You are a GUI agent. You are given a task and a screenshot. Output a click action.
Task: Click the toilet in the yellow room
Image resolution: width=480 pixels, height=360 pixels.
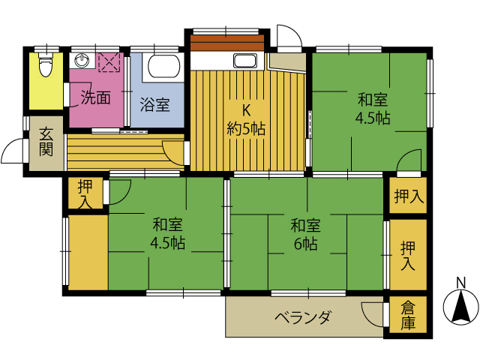[46, 64]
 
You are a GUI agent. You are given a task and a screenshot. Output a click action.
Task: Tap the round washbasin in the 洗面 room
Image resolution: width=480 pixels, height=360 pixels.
[82, 61]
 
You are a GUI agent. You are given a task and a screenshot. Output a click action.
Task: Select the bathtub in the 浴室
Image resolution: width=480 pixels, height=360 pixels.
[163, 67]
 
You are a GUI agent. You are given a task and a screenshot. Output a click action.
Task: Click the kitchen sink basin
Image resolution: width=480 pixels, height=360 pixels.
[245, 61]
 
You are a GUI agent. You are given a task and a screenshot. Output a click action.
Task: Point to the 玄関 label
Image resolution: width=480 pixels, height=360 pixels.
[46, 142]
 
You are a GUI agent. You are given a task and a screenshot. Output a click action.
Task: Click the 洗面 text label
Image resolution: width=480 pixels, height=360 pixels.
[95, 97]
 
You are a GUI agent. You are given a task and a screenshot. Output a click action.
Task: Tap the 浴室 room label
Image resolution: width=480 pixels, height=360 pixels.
[155, 104]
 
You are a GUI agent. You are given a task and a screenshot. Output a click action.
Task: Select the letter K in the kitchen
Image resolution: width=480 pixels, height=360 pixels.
[247, 110]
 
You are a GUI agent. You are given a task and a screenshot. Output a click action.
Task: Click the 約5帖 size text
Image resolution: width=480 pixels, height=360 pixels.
[246, 129]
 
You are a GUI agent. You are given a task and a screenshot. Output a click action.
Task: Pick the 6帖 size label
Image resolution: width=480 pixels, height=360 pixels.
[305, 244]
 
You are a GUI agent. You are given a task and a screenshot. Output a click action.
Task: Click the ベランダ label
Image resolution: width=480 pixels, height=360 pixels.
[302, 317]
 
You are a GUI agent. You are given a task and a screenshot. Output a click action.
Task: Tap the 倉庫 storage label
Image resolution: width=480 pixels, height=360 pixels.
[408, 315]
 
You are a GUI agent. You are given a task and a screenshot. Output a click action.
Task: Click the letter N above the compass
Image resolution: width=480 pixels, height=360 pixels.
[460, 283]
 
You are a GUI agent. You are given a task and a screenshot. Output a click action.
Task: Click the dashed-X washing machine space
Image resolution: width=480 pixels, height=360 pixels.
[109, 62]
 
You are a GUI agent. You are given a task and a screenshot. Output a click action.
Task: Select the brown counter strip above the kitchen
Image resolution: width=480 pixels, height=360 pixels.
[226, 43]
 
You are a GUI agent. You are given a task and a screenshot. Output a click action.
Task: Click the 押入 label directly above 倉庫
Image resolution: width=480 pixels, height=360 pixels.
[408, 256]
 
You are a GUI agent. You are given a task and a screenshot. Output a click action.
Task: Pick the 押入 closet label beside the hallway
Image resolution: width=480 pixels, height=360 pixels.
[85, 194]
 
